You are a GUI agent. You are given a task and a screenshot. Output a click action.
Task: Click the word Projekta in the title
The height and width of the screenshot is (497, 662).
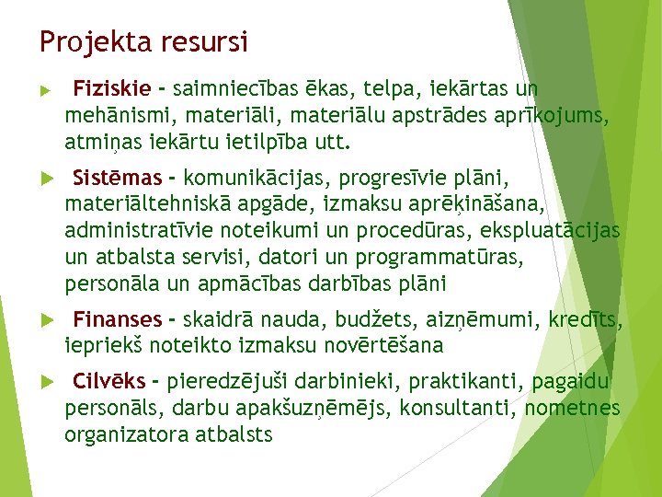(83, 42)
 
